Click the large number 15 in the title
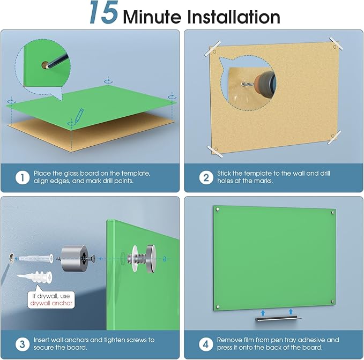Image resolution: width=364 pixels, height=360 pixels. pyautogui.click(x=104, y=13)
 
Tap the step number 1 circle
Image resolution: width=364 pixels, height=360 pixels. pyautogui.click(x=23, y=178)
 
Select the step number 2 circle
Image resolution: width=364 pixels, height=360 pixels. pyautogui.click(x=206, y=178)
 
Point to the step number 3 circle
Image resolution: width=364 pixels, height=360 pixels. pyautogui.click(x=23, y=344)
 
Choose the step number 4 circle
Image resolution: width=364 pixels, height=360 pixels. pyautogui.click(x=206, y=344)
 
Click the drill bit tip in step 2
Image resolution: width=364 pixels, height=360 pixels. pyautogui.click(x=242, y=83)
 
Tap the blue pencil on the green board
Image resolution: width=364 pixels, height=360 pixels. pyautogui.click(x=79, y=115)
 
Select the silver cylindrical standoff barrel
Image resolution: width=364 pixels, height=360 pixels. pyautogui.click(x=75, y=258)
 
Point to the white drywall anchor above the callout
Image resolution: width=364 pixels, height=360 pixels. pyautogui.click(x=35, y=277)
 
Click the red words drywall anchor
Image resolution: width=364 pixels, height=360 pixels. pyautogui.click(x=51, y=303)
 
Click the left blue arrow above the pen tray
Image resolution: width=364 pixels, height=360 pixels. pyautogui.click(x=263, y=313)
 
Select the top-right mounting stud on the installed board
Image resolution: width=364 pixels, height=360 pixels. pyautogui.click(x=333, y=212)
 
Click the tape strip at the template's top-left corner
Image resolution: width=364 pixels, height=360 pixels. pyautogui.click(x=212, y=49)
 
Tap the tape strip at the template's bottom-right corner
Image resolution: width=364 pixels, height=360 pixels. pyautogui.click(x=334, y=137)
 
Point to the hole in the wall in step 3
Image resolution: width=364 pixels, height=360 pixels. pyautogui.click(x=11, y=258)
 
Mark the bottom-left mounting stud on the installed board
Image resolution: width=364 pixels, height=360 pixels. pyautogui.click(x=218, y=306)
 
